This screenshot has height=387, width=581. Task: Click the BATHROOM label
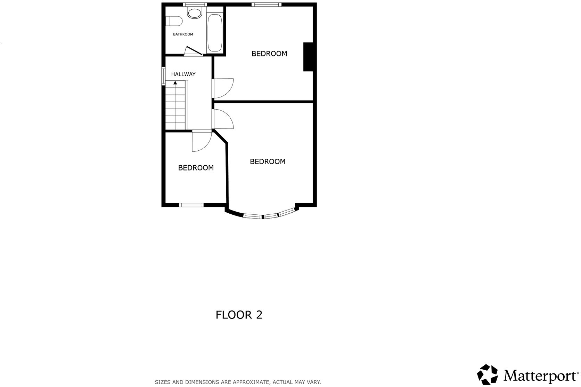183,34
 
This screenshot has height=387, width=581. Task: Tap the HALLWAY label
183,74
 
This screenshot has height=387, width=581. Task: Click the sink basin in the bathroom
194,13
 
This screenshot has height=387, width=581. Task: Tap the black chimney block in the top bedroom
308,57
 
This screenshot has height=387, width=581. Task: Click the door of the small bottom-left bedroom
201,142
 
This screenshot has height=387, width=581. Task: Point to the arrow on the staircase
175,83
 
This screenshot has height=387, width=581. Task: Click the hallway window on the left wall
163,76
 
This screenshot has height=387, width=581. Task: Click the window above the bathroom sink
195,5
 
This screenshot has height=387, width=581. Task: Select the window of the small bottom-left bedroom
191,205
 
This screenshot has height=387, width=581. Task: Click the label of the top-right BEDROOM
269,54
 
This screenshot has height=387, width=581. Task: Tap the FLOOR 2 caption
239,315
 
